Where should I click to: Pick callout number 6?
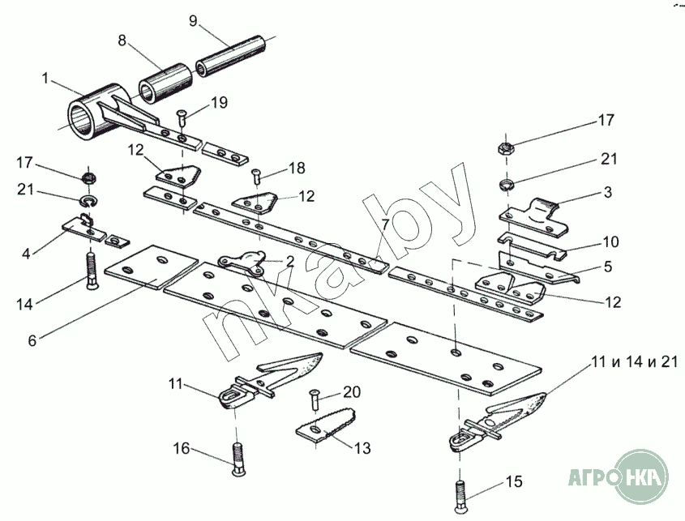pos(32,341)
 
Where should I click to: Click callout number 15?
pos(515,483)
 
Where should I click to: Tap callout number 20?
pos(351,391)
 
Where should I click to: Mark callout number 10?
pos(610,241)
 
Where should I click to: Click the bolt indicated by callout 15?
pos(459,493)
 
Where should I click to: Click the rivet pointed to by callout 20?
pos(313,399)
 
